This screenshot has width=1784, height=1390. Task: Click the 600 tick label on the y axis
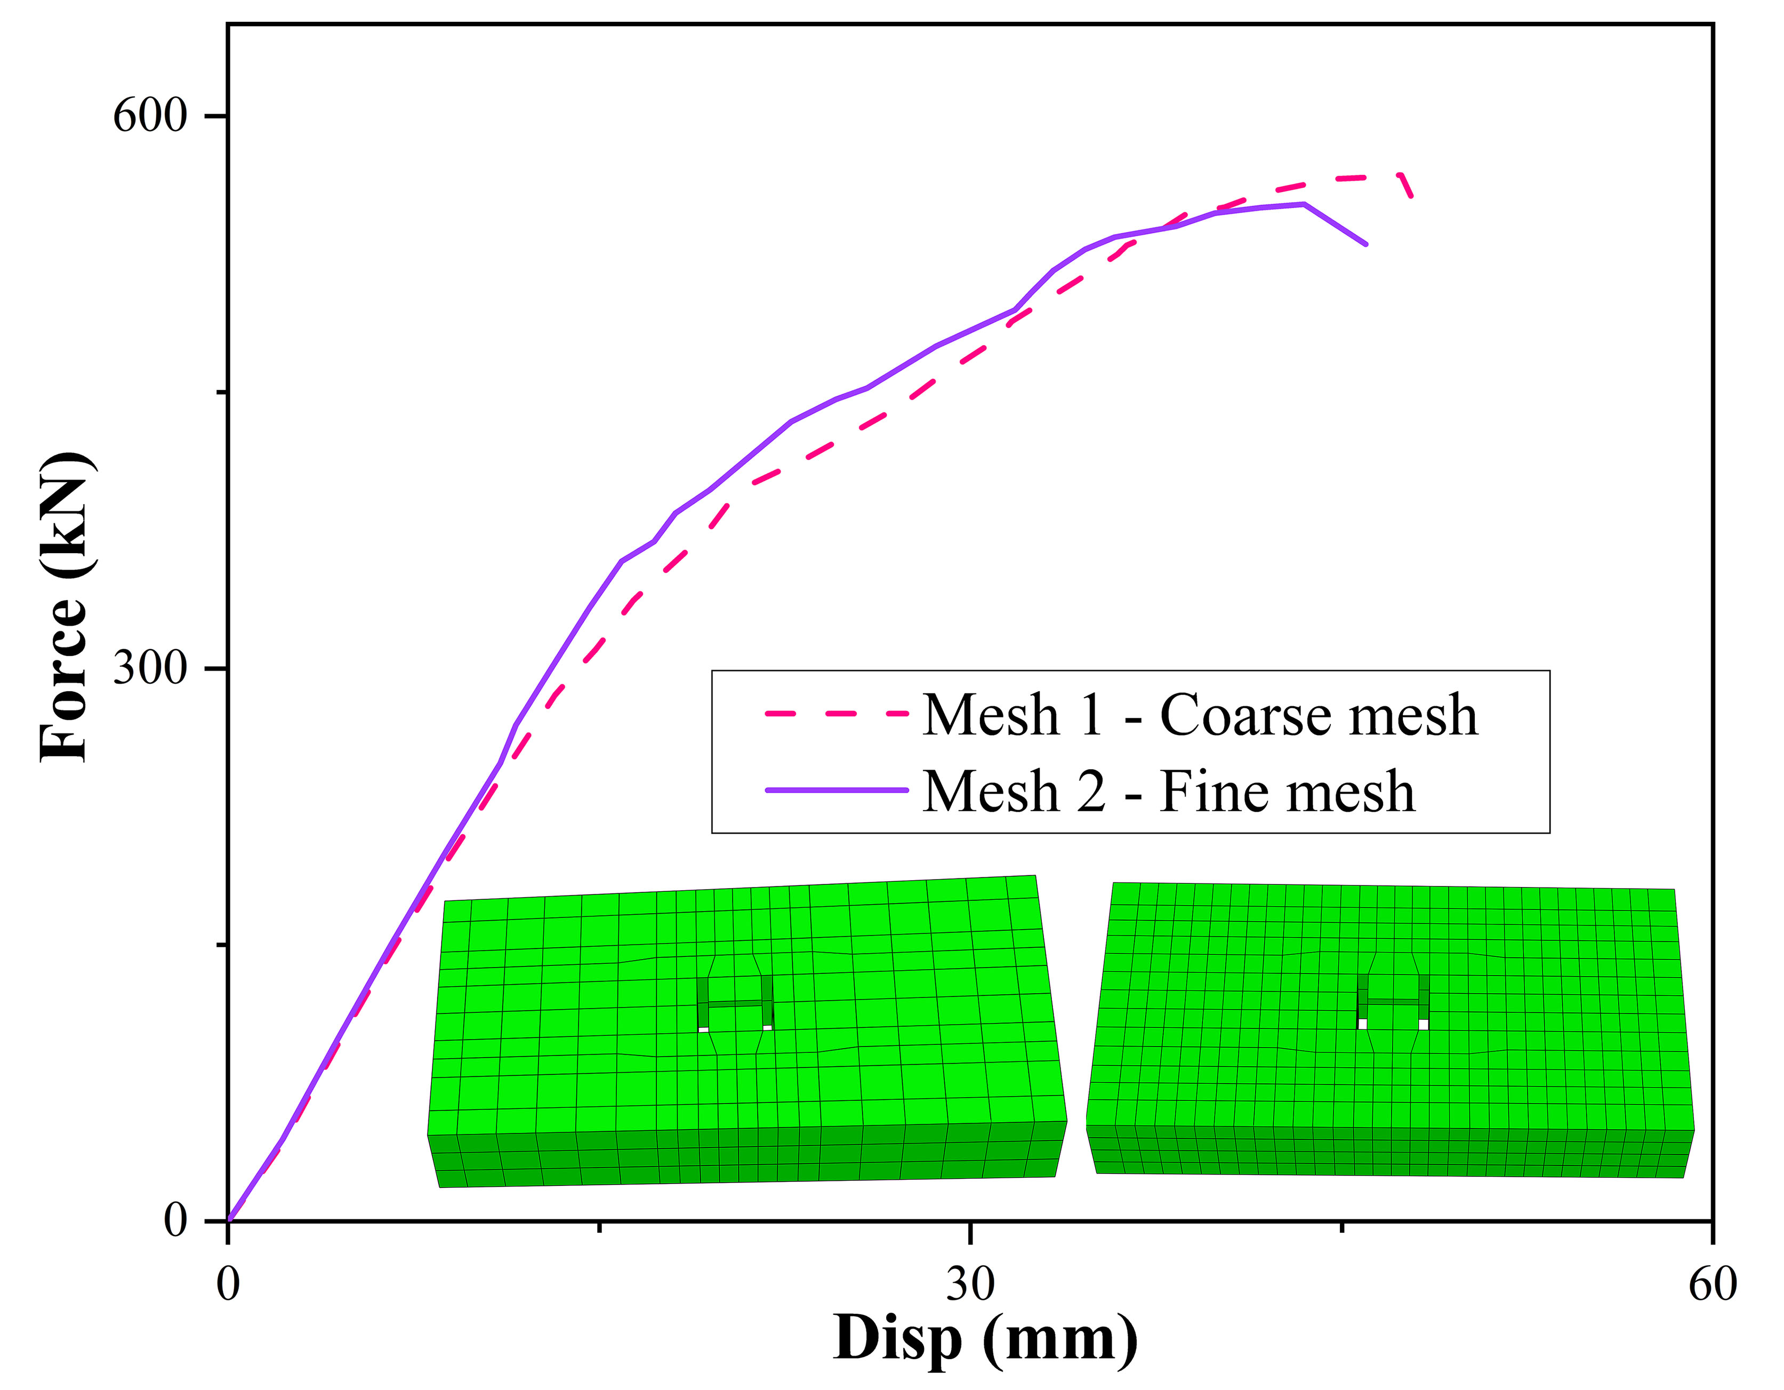150,116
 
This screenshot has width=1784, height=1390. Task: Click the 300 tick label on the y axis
150,668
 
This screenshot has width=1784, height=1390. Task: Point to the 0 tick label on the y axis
175,1220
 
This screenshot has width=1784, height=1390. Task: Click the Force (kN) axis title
66,606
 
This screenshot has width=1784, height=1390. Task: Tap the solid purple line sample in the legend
835,790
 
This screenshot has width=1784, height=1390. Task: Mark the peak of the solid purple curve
1304,203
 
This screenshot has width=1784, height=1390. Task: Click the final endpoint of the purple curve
1367,244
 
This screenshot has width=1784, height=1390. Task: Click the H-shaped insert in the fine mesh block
1393,1001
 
